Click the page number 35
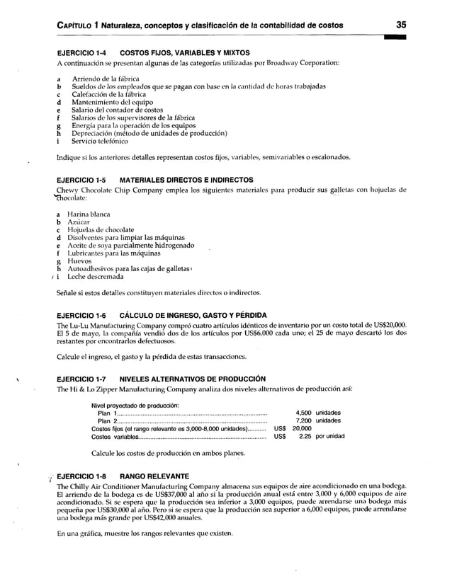coord(401,25)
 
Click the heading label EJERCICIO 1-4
coord(81,53)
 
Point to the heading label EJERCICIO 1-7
coord(81,378)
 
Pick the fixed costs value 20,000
coord(302,429)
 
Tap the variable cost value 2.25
coord(306,437)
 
